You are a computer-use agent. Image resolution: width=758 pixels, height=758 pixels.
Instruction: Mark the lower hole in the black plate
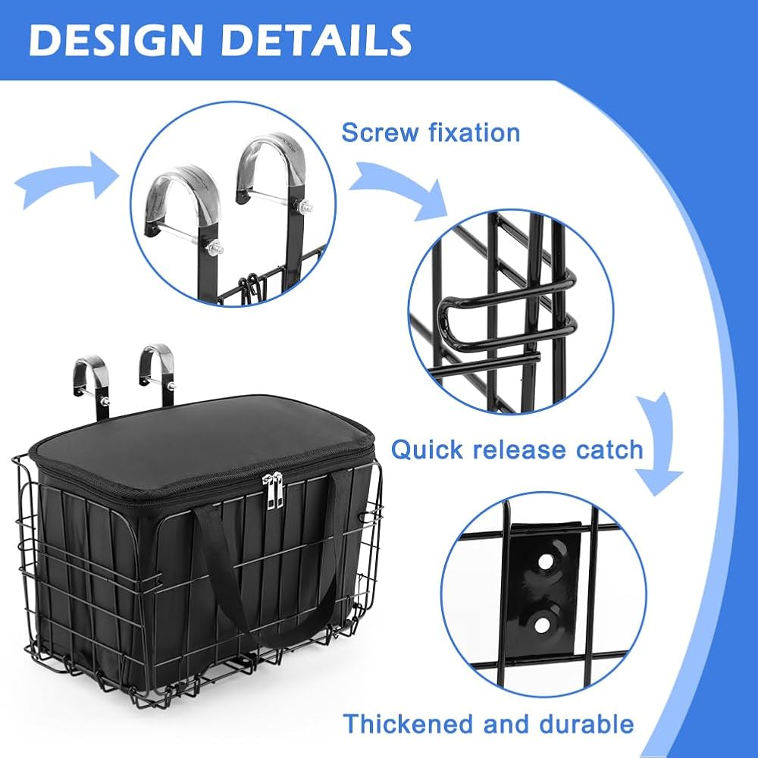point(542,623)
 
